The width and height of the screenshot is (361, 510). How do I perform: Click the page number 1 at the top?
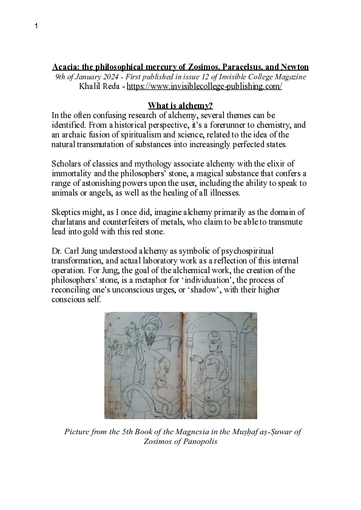36,27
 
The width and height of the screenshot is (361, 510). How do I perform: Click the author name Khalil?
91,87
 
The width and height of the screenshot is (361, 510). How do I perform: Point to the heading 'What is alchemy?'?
180,105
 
